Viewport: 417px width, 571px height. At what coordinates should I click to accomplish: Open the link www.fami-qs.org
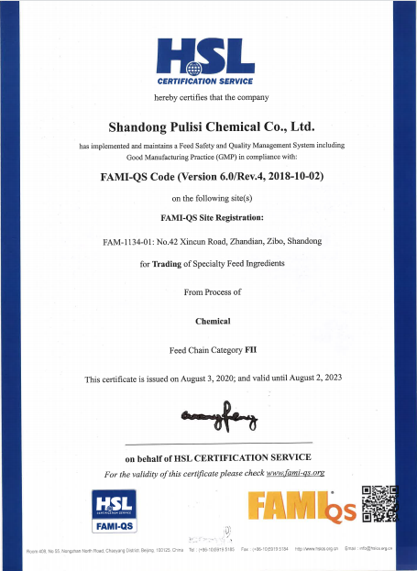coord(296,474)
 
